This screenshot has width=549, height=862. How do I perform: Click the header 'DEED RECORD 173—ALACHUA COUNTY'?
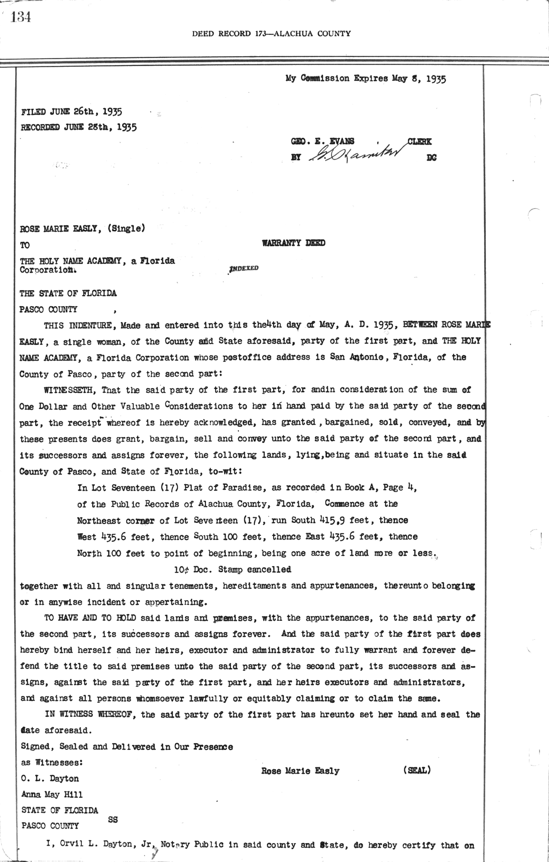[x=271, y=33]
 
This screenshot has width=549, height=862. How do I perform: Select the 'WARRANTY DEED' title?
[x=293, y=243]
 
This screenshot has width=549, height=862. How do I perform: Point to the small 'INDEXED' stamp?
[x=243, y=268]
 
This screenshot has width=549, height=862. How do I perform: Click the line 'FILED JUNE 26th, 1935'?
[x=71, y=112]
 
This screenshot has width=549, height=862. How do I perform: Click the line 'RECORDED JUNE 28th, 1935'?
[x=79, y=127]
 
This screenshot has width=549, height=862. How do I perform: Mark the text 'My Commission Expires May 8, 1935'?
[x=366, y=78]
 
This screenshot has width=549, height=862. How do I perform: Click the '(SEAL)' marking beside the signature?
[x=417, y=770]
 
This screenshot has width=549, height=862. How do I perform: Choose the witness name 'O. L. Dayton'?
[x=50, y=778]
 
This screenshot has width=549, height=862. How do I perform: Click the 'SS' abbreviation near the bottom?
[x=113, y=819]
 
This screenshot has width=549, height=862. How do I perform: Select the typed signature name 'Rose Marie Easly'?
[x=300, y=770]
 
